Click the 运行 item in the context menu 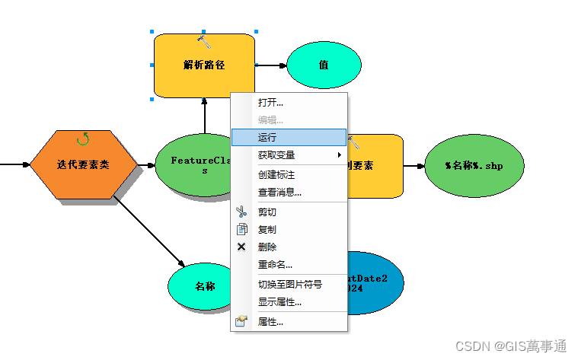268,138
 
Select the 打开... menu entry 270,102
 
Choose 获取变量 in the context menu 276,155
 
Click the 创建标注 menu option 276,174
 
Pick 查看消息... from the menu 279,193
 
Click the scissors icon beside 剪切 242,212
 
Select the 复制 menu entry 267,229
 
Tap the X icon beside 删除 242,247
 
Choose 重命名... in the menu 275,264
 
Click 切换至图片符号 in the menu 289,284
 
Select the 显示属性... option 279,301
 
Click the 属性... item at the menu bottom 270,322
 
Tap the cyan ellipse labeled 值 324,65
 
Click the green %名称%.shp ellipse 474,165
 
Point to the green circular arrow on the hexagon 83,139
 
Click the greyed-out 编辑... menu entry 270,119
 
